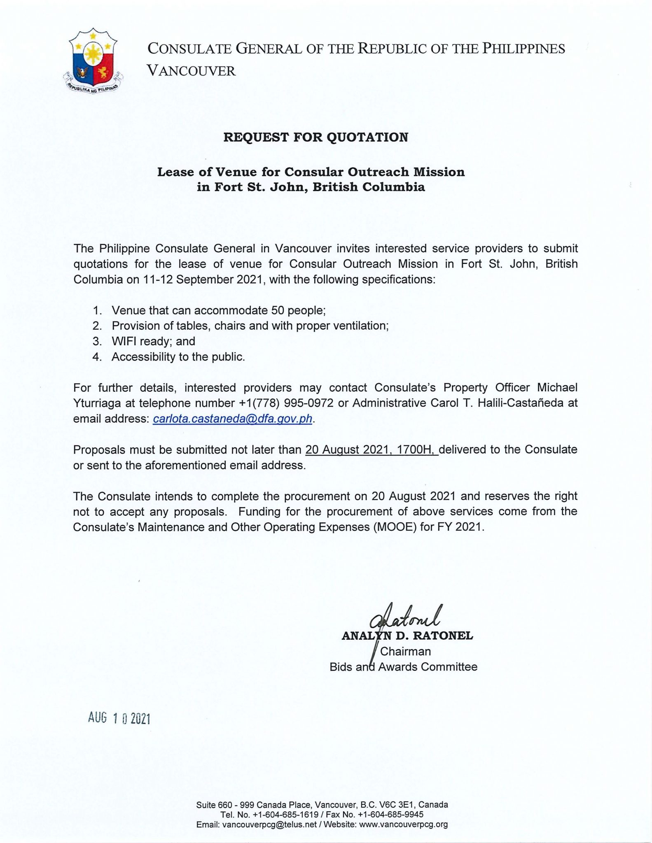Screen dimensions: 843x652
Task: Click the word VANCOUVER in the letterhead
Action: tap(192, 71)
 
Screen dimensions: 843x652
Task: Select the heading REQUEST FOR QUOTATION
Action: tap(315, 137)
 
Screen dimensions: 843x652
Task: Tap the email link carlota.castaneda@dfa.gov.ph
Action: tap(233, 419)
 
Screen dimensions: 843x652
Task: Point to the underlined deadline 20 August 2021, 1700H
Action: tap(371, 449)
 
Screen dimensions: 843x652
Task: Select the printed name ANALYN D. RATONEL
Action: tap(407, 636)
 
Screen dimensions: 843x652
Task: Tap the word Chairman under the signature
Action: tap(405, 652)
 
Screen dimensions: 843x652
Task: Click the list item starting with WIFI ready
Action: tap(153, 341)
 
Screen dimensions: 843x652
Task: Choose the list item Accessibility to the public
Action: tap(178, 356)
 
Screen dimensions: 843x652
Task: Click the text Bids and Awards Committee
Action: tap(403, 667)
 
